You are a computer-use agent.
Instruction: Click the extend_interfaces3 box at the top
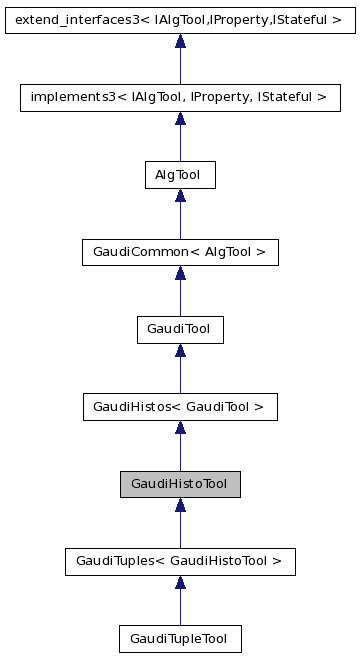pos(180,19)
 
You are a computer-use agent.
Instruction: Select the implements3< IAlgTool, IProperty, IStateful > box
pos(180,97)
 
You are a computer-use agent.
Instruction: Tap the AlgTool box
pos(180,175)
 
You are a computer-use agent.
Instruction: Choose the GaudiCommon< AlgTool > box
pos(180,252)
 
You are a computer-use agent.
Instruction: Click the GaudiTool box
pos(180,329)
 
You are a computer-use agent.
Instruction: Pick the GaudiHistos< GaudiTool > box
pos(180,406)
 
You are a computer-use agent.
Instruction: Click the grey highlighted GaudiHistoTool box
pos(180,484)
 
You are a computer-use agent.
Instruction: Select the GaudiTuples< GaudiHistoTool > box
pos(180,561)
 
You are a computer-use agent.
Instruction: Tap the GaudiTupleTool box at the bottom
pos(180,638)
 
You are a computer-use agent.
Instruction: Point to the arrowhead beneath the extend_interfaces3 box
pos(180,41)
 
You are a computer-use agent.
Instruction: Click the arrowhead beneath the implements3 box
pos(180,119)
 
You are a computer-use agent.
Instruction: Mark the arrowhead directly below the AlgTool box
pos(180,196)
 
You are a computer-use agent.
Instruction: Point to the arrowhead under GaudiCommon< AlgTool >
pos(180,273)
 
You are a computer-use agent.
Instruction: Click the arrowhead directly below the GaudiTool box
pos(180,350)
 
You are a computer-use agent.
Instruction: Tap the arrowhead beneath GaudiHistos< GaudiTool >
pos(180,428)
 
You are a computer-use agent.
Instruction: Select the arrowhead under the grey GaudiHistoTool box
pos(180,505)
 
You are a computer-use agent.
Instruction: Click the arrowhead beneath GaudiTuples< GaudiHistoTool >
pos(180,582)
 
